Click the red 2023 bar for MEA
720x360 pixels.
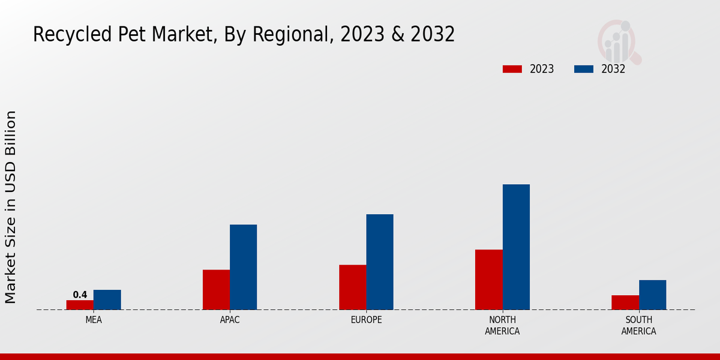pos(80,305)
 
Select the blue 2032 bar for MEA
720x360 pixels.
pos(107,300)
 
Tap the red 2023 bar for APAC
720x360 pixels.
pos(216,290)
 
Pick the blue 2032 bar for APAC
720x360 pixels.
pos(243,267)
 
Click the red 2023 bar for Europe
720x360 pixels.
pos(352,287)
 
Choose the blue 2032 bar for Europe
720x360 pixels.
pos(380,262)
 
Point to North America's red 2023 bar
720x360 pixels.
pos(488,280)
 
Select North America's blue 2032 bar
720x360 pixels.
pos(516,247)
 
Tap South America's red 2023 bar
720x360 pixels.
pos(625,302)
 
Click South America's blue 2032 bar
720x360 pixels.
pos(652,295)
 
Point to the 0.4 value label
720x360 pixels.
pos(80,295)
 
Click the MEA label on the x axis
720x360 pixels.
pos(94,320)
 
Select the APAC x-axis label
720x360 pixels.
pos(230,320)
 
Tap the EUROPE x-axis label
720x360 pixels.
pos(366,320)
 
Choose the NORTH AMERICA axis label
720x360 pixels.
pos(502,325)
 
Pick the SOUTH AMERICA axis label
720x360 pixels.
pos(638,325)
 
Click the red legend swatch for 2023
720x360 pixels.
pos(512,69)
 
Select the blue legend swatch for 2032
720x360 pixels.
pos(584,69)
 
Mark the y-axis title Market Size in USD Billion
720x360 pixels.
pos(11,207)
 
